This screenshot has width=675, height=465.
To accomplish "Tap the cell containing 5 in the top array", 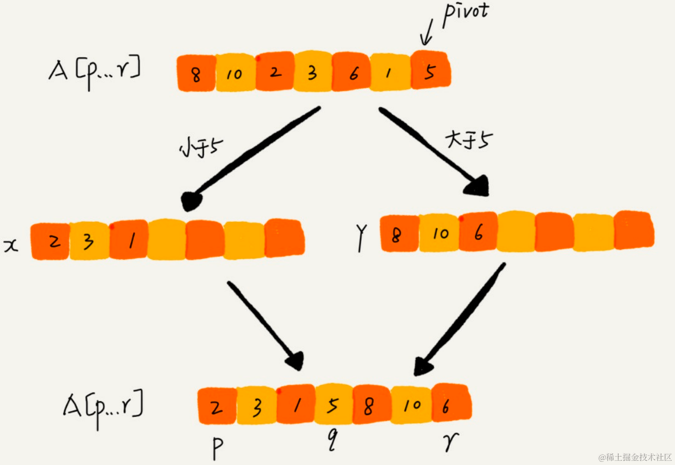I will click(430, 71).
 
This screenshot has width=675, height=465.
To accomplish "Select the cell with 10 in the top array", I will click(234, 73).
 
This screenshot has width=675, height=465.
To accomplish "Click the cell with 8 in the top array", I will click(196, 73).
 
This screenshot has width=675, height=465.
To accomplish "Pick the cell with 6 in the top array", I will click(353, 72).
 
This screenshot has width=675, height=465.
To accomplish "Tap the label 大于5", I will click(468, 139).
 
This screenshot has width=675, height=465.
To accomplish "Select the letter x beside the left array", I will click(11, 245).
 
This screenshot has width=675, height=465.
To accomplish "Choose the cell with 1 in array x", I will click(131, 240).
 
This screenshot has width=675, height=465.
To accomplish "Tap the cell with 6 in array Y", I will click(479, 232).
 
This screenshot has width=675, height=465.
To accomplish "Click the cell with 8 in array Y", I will click(397, 234).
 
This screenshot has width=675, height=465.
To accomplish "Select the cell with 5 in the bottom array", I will click(333, 405).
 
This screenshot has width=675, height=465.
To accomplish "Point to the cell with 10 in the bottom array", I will click(412, 405).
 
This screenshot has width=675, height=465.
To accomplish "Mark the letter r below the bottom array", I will click(451, 442).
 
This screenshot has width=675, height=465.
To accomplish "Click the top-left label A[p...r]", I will click(95, 72).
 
